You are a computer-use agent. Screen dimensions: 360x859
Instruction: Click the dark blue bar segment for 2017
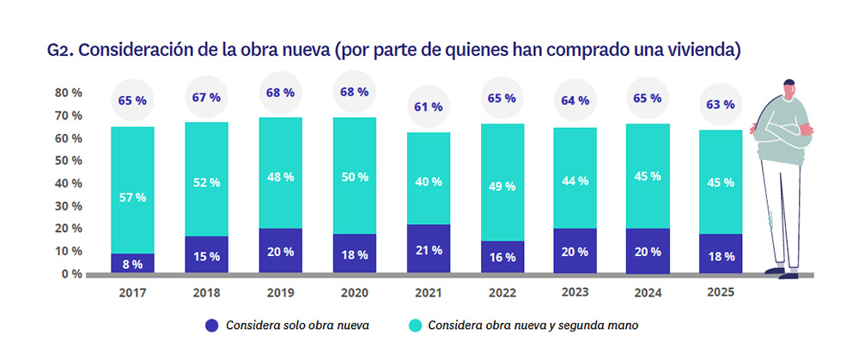[132, 263]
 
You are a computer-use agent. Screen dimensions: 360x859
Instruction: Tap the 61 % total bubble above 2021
[427, 107]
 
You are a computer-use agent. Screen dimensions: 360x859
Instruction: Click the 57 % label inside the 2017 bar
[132, 197]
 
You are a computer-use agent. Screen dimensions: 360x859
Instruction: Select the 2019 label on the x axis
[280, 294]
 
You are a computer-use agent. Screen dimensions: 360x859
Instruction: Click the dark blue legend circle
[210, 326]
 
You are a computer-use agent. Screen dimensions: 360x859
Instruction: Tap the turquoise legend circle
[413, 326]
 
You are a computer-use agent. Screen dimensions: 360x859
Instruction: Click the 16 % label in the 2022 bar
[501, 256]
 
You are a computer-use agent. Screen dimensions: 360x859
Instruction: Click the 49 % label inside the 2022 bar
[501, 186]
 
